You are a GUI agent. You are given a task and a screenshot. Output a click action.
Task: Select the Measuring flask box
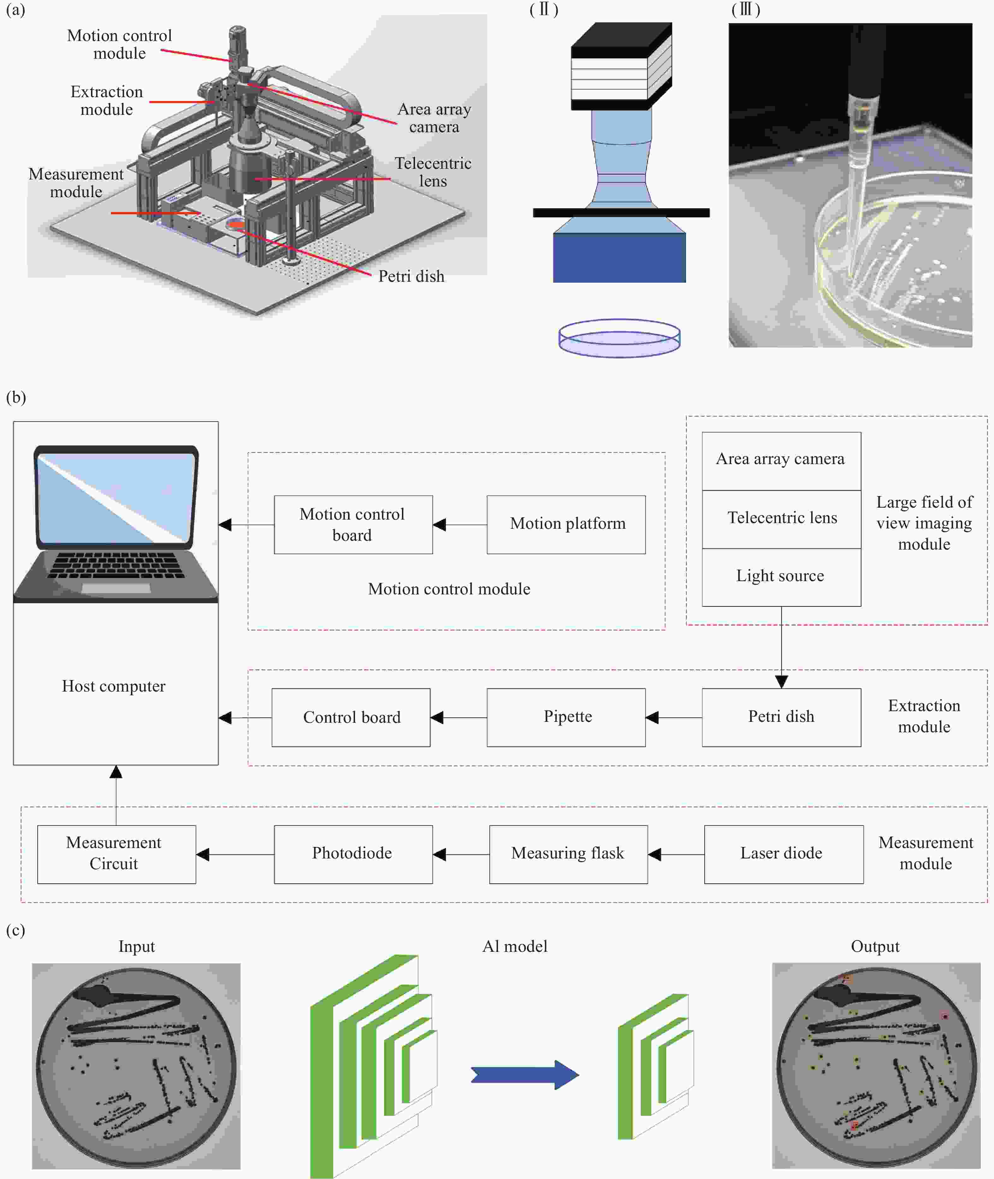(568, 854)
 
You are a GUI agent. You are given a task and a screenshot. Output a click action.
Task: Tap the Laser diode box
(783, 854)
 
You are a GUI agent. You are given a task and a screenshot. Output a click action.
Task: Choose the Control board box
(351, 717)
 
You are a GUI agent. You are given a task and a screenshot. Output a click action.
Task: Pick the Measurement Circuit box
(116, 854)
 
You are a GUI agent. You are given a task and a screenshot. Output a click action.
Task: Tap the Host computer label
(114, 686)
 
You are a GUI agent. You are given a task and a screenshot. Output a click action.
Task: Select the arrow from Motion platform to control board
(459, 524)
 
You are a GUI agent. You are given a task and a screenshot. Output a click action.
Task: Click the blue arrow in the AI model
(524, 1075)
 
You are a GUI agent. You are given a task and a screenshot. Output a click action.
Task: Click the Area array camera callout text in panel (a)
(434, 118)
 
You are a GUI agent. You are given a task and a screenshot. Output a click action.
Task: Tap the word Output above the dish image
(874, 946)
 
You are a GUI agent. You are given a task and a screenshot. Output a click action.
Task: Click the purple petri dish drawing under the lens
(619, 339)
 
